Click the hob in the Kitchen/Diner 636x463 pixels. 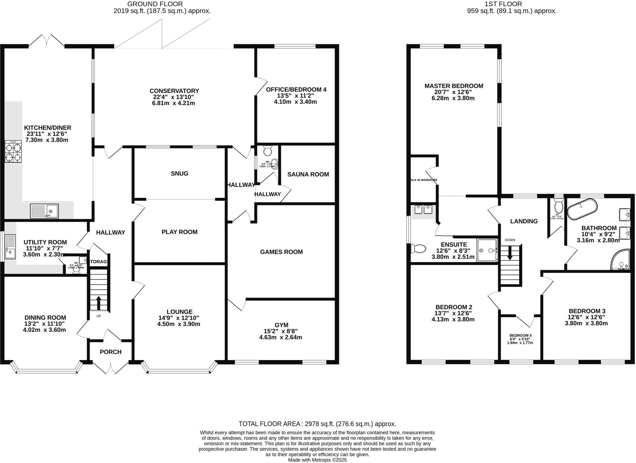[x=13, y=151]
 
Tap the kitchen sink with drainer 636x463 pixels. [x=44, y=211]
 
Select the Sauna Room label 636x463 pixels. [x=308, y=174]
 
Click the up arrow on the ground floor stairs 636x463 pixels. [x=99, y=303]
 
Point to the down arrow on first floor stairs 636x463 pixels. [x=510, y=254]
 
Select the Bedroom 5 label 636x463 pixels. [x=520, y=336]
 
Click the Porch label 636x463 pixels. [x=111, y=352]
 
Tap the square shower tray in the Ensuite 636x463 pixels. [x=487, y=250]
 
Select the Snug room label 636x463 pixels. [x=179, y=173]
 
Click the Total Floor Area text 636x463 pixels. [x=317, y=424]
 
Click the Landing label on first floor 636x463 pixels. [x=524, y=221]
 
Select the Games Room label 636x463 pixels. [x=281, y=252]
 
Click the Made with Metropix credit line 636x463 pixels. [x=317, y=460]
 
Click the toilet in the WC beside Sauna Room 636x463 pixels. [x=267, y=151]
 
